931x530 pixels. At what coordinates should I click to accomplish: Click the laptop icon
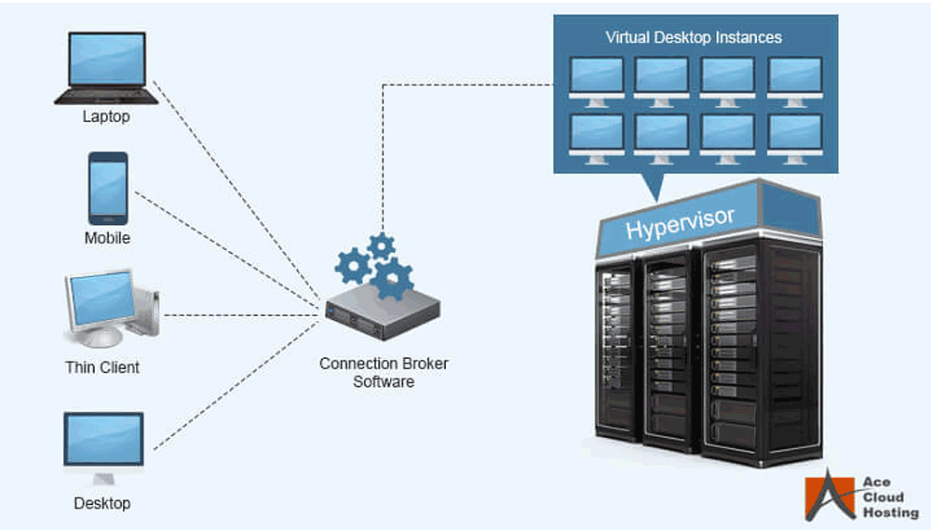106,68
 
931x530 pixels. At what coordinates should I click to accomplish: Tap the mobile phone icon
107,189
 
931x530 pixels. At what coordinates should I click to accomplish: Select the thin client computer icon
112,309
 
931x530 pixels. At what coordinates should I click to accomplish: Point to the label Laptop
106,116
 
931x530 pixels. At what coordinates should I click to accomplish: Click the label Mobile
107,238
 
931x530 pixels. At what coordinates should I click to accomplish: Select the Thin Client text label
102,367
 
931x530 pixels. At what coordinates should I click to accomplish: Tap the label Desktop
102,503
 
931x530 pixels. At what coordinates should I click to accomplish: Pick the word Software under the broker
384,382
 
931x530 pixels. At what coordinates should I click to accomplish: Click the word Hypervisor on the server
680,223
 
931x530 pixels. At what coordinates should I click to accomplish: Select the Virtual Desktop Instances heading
694,37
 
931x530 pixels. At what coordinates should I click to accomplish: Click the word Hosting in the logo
891,512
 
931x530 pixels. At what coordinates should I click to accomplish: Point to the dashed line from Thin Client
241,315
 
